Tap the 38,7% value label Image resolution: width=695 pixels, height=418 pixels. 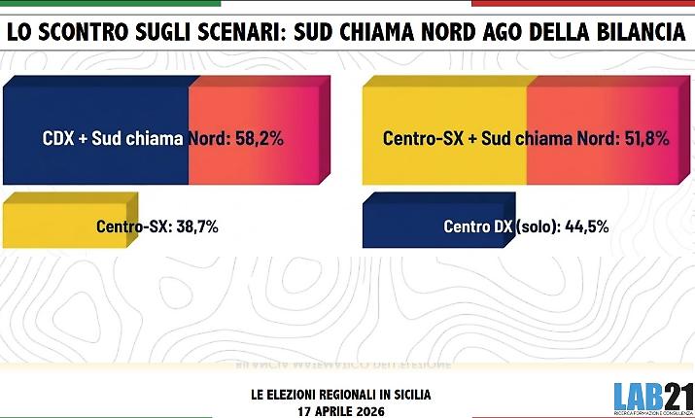[197, 227]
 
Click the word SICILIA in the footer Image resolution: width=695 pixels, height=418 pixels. [409, 394]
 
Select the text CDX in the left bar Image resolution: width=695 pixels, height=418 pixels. [58, 138]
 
